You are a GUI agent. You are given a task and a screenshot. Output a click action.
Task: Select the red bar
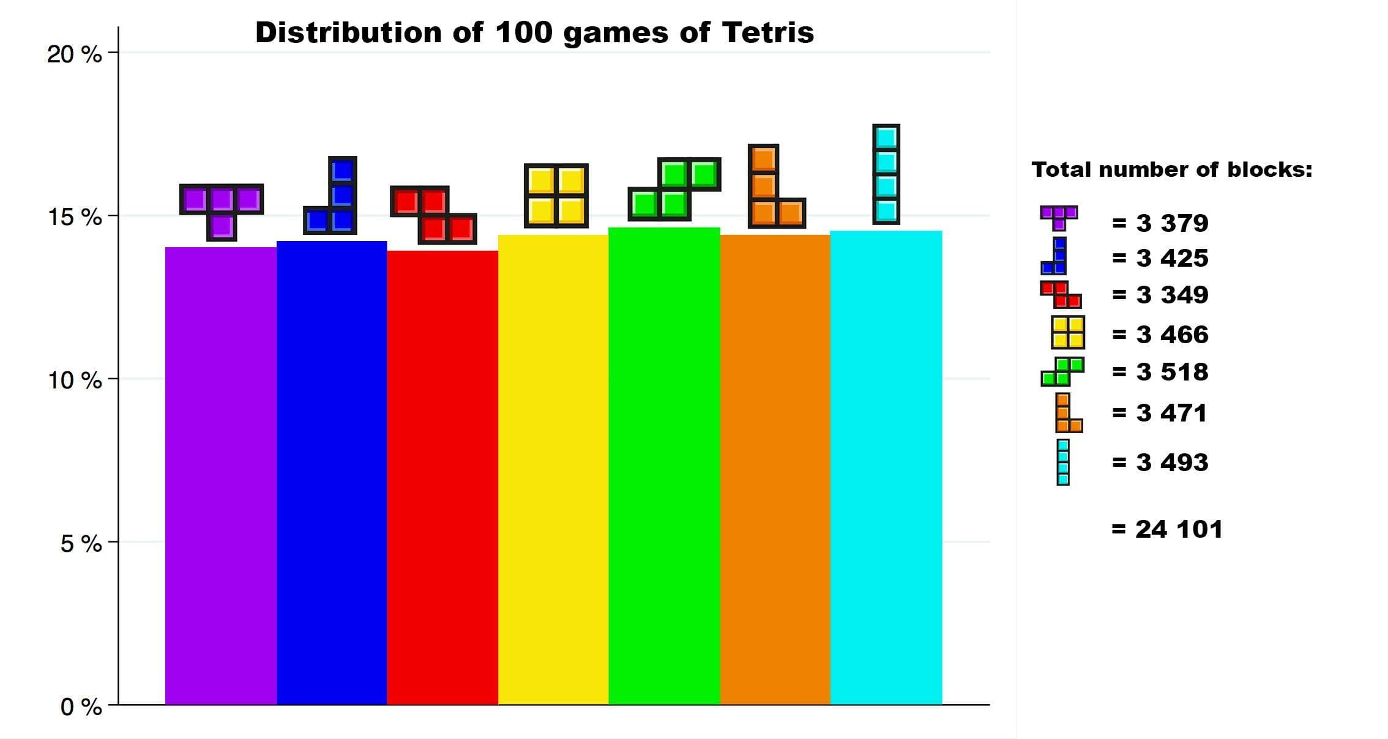442,477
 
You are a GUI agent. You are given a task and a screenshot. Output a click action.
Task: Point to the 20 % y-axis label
75,54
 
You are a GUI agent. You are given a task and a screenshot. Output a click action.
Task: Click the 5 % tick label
81,543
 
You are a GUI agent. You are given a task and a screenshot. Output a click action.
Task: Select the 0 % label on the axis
81,707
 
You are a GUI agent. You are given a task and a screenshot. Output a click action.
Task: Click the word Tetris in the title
767,32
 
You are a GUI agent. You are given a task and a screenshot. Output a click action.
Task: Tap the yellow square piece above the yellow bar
556,196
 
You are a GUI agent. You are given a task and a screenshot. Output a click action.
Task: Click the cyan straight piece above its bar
886,174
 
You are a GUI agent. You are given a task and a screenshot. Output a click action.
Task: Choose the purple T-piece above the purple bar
221,205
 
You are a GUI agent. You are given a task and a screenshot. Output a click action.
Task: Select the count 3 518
1172,372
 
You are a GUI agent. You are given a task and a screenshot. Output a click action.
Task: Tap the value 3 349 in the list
1172,295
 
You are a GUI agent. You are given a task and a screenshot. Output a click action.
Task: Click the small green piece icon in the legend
1062,372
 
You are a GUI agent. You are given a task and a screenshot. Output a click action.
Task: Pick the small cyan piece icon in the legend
1063,462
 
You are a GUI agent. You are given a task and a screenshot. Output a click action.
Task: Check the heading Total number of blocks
1171,169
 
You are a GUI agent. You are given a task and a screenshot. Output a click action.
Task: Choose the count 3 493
1172,462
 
